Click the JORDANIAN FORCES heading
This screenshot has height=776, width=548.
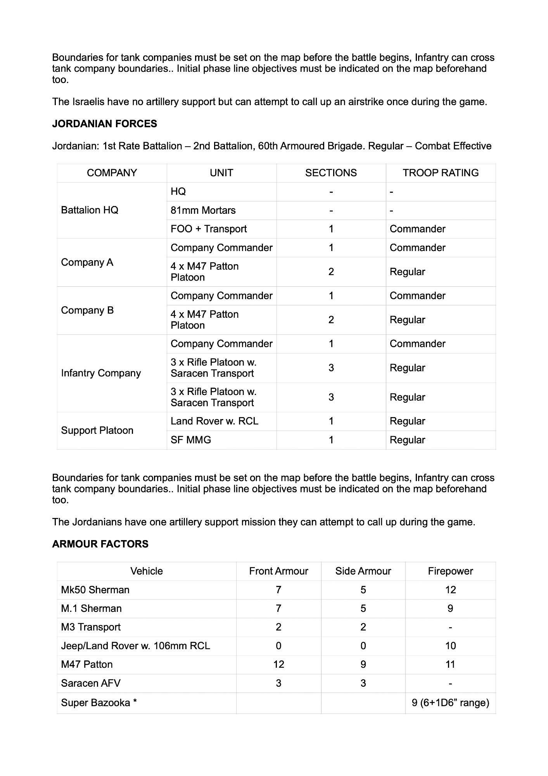(105, 124)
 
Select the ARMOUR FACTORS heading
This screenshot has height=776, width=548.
(100, 544)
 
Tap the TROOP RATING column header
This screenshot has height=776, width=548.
(441, 173)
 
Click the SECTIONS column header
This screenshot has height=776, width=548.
(331, 173)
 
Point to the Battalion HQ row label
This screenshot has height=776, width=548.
(90, 210)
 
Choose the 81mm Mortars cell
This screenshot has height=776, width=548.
(203, 210)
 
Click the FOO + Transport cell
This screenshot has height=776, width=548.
(209, 229)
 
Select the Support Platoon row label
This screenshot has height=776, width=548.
(97, 430)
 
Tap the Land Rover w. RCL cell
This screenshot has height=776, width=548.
(214, 421)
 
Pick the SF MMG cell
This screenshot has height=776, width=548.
(191, 440)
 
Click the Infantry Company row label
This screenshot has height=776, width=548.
(101, 373)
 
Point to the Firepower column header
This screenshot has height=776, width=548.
(450, 571)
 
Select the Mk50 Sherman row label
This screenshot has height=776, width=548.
(95, 590)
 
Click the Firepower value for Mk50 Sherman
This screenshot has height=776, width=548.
(450, 590)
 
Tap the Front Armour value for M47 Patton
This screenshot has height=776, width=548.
(278, 664)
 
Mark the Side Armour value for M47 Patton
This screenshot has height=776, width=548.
(363, 664)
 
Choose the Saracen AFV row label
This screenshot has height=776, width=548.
(91, 683)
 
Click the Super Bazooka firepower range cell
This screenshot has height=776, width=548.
(450, 703)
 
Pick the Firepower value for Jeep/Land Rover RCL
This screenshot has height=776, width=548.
(450, 646)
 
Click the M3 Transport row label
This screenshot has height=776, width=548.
(91, 627)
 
